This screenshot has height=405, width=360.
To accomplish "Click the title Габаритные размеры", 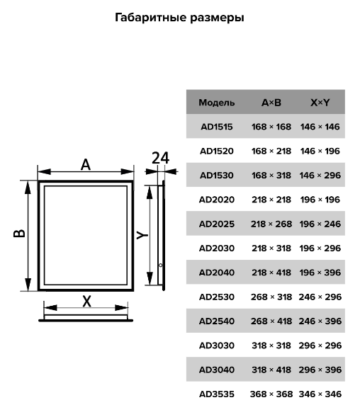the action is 179,18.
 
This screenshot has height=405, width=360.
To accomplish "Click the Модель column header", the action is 217,103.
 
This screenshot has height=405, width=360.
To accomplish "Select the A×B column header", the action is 271,103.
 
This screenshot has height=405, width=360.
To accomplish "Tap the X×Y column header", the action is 320,103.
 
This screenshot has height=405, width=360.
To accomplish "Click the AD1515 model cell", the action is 217,127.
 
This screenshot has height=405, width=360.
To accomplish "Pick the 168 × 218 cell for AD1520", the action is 271,151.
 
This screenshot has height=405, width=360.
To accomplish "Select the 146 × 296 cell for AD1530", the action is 320,176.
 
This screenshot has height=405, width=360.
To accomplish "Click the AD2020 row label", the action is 217,200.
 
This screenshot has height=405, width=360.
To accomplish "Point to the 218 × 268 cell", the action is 271,224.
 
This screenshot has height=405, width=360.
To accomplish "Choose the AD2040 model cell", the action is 217,273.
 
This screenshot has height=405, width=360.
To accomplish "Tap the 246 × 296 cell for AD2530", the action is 320,297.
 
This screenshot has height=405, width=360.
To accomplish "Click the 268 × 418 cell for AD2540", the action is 271,321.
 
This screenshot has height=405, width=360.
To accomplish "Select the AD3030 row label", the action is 217,346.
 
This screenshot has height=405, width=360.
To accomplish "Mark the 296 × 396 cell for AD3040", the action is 320,370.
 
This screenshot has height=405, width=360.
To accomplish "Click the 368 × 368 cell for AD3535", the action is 271,394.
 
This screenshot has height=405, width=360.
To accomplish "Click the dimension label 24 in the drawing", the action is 160,158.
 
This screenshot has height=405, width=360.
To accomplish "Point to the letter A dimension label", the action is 86,164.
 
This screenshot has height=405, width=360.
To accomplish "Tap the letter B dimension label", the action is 19,233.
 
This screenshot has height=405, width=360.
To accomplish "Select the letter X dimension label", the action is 87,301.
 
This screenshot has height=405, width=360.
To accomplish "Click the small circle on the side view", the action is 160,265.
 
